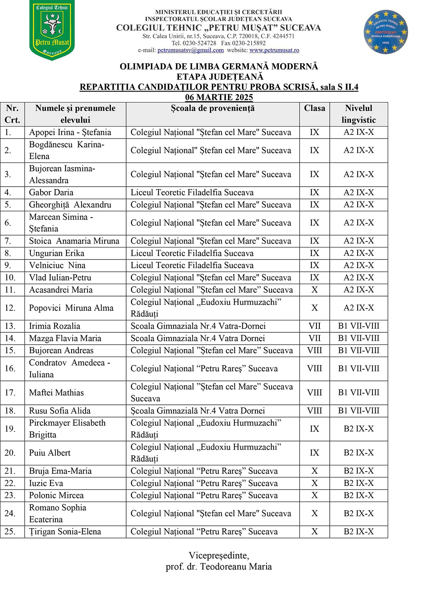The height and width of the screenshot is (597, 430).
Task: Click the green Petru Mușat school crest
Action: click(52, 30)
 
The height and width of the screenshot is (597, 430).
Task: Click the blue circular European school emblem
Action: click(385, 32)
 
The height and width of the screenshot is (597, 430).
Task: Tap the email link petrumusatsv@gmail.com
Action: click(191, 50)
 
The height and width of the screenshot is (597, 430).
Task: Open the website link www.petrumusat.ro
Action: click(274, 50)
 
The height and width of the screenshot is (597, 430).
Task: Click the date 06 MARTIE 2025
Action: click(219, 97)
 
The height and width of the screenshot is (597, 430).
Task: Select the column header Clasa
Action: click(314, 108)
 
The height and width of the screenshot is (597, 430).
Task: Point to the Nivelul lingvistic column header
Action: click(358, 114)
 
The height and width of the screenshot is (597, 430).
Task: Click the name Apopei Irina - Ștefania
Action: click(70, 132)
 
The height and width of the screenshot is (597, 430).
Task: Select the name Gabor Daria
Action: click(51, 192)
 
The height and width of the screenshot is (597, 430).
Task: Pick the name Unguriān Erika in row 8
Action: click(56, 253)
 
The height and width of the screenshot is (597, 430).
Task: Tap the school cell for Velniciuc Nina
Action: click(192, 265)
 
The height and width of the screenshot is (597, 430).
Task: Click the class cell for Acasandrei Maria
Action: click(314, 290)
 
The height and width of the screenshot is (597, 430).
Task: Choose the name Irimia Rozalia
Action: click(54, 326)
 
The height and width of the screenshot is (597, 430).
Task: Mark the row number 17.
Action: click(10, 392)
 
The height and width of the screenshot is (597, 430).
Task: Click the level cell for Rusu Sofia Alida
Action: click(358, 411)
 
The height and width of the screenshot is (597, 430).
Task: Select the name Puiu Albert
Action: click(50, 453)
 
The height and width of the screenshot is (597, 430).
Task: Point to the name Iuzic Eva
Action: click(46, 483)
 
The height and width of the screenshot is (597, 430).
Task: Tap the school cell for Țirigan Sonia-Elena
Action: click(204, 532)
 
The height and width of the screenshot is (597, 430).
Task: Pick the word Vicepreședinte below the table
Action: click(218, 555)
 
